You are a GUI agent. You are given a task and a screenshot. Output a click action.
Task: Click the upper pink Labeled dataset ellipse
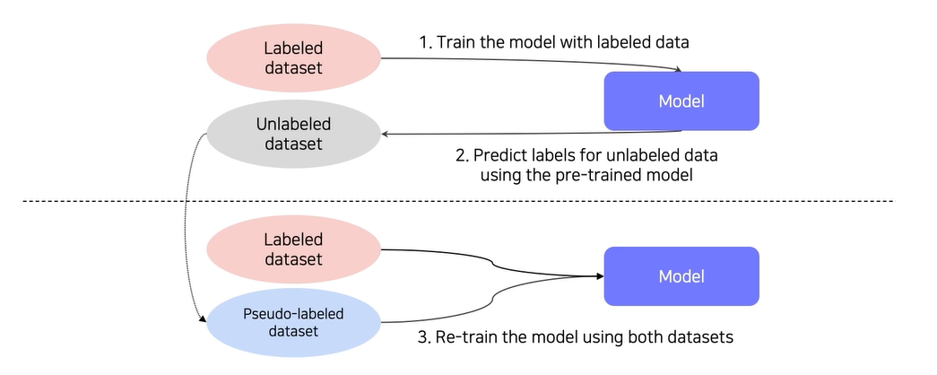pyautogui.click(x=293, y=58)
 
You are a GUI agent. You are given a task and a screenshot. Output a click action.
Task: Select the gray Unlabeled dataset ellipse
pyautogui.click(x=293, y=134)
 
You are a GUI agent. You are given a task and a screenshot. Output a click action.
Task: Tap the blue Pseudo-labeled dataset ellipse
pyautogui.click(x=293, y=322)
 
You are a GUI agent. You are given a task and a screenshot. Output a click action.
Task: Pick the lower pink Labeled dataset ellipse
pyautogui.click(x=293, y=249)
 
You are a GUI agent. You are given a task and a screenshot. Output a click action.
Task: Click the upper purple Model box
pyautogui.click(x=681, y=101)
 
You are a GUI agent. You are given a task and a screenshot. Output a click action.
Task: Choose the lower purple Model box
pyautogui.click(x=681, y=276)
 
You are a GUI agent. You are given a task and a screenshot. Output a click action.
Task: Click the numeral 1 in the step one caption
pyautogui.click(x=423, y=42)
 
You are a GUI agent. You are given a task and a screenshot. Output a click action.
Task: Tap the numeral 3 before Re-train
pyautogui.click(x=423, y=337)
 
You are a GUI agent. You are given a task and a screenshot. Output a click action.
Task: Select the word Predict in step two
pyautogui.click(x=500, y=155)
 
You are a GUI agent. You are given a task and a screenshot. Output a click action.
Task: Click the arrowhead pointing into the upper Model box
pyautogui.click(x=677, y=70)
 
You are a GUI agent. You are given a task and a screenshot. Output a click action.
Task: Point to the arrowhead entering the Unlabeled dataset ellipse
pyautogui.click(x=386, y=134)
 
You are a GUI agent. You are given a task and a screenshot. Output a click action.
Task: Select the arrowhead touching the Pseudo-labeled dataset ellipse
pyautogui.click(x=204, y=320)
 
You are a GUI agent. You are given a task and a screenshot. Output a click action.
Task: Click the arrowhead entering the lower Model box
pyautogui.click(x=600, y=276)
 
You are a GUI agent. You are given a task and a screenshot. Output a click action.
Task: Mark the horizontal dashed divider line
pyautogui.click(x=459, y=201)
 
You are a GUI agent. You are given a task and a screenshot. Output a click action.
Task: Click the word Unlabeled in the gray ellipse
pyautogui.click(x=293, y=125)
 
